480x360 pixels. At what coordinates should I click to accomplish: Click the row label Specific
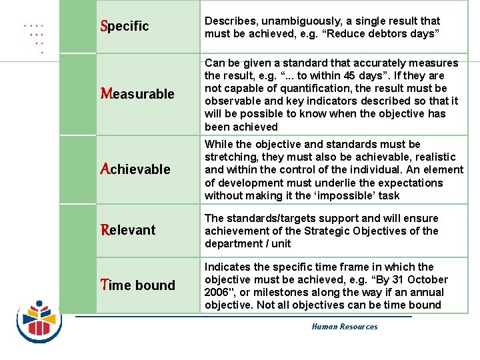124,26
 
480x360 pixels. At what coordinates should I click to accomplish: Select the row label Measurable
137,94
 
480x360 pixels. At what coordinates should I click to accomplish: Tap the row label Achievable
135,169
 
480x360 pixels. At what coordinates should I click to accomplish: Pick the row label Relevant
128,230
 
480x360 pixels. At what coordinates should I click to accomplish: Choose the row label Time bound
137,285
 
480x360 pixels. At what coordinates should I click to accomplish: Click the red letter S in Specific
103,26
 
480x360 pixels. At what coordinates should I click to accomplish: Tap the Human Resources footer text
344,327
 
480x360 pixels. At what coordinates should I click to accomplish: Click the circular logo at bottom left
39,317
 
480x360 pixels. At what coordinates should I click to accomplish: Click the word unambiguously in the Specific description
293,21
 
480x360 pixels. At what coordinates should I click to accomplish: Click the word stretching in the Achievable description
230,157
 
